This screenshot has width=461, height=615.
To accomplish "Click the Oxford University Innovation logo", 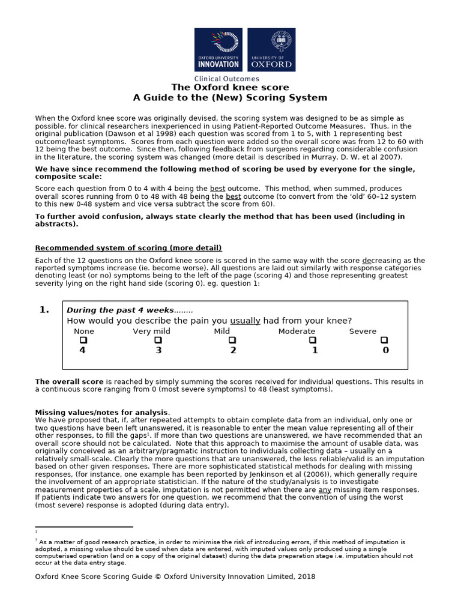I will (x=218, y=50).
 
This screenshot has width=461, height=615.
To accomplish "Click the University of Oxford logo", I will (x=271, y=50).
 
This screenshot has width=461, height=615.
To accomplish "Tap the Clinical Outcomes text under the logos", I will (x=226, y=79).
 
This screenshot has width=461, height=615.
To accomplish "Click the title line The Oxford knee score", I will (x=230, y=88).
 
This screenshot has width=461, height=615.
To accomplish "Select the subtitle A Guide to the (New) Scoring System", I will (x=230, y=97).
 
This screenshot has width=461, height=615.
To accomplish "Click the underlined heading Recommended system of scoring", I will (x=128, y=248).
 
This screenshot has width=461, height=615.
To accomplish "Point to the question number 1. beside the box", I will (x=44, y=310).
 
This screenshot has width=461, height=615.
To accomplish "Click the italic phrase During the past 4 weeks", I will (x=120, y=311).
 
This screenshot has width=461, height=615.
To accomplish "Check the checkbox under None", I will (x=83, y=341).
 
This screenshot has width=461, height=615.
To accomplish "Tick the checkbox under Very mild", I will (x=158, y=341).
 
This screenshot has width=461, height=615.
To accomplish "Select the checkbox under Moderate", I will (x=313, y=341).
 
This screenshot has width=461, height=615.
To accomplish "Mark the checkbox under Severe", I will (x=385, y=341).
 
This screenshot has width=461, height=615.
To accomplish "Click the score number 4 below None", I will (x=83, y=351).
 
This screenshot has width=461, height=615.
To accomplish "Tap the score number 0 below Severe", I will (x=385, y=351).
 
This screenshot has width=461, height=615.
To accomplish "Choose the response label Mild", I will (x=222, y=332).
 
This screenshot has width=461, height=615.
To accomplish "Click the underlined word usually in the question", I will (x=245, y=321).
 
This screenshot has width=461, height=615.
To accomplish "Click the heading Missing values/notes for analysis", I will (x=102, y=412).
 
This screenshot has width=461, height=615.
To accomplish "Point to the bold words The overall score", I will (x=70, y=381).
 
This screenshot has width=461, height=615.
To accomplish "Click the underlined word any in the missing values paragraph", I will (x=325, y=490).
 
